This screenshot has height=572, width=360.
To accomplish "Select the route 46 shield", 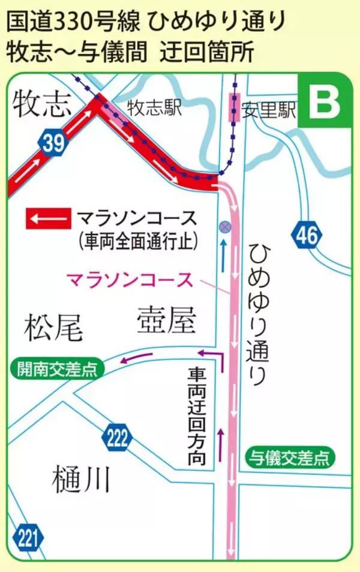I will [306, 236].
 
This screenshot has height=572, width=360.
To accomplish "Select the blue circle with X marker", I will [224, 226].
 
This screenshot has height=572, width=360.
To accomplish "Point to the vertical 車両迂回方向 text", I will [196, 417].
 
